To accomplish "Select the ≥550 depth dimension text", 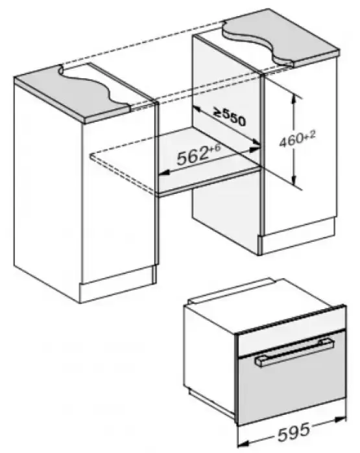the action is click(230, 117).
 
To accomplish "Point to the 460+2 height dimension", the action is click(298, 139).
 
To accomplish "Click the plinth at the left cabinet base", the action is click(118, 285).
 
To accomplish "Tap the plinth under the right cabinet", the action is click(298, 237).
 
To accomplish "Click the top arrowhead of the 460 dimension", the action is click(294, 99).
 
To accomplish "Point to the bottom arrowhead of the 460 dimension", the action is click(294, 180).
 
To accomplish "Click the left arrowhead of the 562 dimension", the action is click(163, 173).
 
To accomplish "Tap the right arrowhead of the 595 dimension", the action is click(341, 419).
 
